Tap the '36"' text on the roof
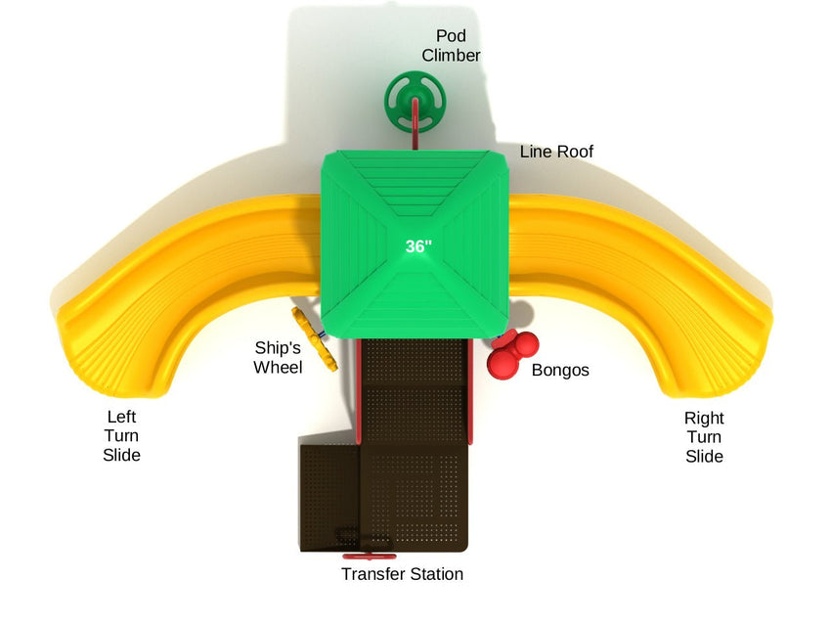coord(418,246)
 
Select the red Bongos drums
coord(513,354)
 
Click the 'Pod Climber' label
coord(451,46)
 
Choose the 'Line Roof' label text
coord(555,152)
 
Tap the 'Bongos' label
coord(560,371)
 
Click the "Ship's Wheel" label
coord(278,357)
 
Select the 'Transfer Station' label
coord(402,574)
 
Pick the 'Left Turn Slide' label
coord(121,436)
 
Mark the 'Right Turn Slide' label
coord(704,437)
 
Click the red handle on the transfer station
coord(363,539)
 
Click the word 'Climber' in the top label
coord(451,56)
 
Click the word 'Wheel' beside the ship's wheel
coord(278,367)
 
